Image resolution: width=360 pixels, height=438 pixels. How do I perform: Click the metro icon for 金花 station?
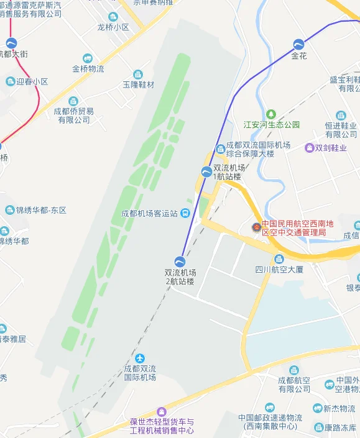tap(299, 44)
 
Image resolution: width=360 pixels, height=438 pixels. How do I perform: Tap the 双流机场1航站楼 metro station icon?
tap(206, 172)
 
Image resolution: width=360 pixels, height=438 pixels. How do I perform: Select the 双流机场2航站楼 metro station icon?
tap(180, 261)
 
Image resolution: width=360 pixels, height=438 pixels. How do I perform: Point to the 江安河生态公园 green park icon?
tap(271, 114)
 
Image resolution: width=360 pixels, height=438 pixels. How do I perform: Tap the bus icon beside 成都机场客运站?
tap(185, 213)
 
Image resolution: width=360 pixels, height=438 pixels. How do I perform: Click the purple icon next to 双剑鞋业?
tap(309, 148)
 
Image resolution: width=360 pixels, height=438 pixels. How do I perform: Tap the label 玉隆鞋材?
tap(138, 84)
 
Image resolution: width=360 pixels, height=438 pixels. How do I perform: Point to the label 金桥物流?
tap(88, 69)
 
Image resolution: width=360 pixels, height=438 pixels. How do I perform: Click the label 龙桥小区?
tap(113, 27)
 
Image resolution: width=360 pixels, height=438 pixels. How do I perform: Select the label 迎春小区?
tap(32, 81)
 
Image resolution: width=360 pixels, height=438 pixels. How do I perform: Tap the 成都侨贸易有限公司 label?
tap(73, 116)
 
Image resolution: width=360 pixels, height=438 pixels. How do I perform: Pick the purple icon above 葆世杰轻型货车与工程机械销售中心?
tap(162, 411)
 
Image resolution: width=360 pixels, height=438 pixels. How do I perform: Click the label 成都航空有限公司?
tap(294, 385)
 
